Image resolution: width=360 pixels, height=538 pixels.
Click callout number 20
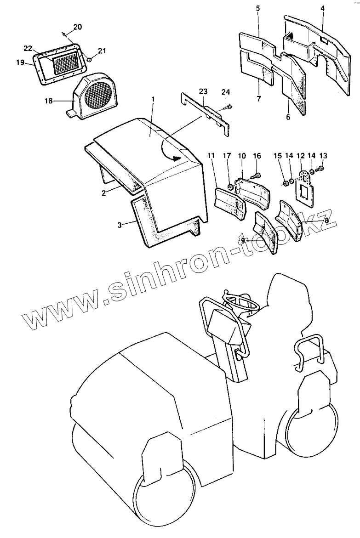pos(78,27)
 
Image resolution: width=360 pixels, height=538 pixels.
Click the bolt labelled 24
pos(228,108)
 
